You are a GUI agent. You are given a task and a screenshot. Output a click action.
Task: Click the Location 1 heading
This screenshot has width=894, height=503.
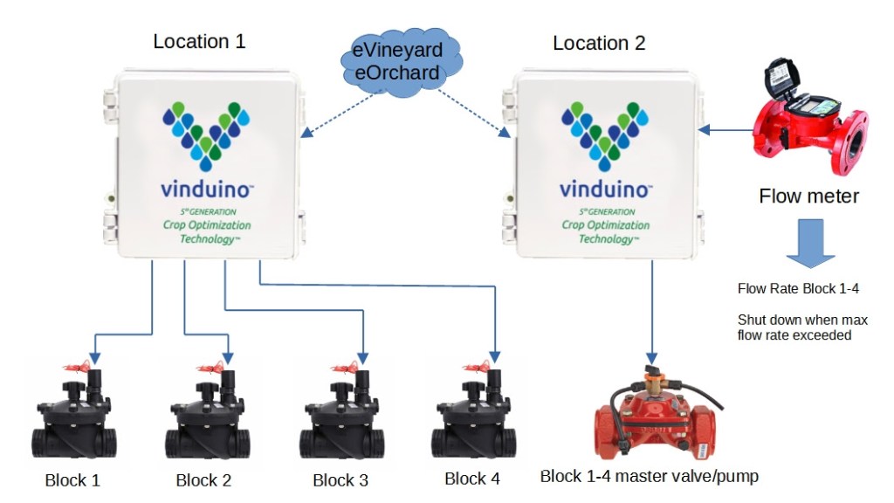pos(199,41)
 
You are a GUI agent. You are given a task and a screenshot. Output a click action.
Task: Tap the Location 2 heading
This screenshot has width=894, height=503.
pos(599,43)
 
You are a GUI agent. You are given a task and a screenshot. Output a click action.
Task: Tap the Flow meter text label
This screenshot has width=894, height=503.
pos(808,196)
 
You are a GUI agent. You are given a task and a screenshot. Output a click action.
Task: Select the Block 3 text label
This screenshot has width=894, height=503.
pos(340,480)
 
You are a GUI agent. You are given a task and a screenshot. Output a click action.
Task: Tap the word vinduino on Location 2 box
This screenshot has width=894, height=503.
pos(604,189)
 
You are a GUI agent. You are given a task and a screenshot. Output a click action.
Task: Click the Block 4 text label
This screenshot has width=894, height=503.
pos(472,479)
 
